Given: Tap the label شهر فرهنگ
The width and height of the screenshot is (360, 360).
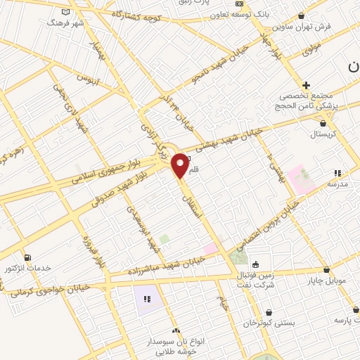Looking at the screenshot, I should pos(65,22).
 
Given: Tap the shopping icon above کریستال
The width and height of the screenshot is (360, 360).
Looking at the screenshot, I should pos(323,122).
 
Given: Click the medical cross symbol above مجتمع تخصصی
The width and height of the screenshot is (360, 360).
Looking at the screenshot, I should pos(306,85).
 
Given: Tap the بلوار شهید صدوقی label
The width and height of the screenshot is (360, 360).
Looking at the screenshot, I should pos(94,204).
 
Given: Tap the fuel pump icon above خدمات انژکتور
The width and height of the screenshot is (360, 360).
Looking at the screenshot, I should pos(27,257).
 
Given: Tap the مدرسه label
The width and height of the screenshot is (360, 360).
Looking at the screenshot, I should pos(337,184).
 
